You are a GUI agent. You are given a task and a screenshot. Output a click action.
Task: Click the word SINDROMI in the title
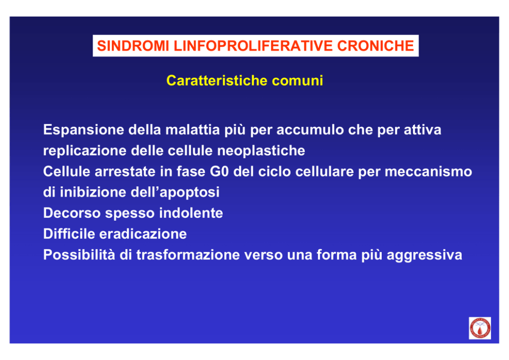click(x=133, y=46)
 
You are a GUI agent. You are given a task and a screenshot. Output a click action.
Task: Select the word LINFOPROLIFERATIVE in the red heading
click(x=253, y=46)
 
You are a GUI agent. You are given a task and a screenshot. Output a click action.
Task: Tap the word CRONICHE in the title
click(x=376, y=46)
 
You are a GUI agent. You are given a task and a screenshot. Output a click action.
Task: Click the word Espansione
click(x=84, y=130)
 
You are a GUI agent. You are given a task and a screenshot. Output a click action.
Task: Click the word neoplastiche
click(x=261, y=151)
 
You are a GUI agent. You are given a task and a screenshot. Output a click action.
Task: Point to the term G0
click(x=220, y=172)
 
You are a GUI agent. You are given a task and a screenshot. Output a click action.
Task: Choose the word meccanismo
click(x=428, y=172)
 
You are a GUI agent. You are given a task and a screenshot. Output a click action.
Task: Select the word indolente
click(x=191, y=213)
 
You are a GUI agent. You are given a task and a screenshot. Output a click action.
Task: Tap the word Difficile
click(x=69, y=234)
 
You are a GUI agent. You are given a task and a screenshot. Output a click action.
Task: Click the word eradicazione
click(x=143, y=234)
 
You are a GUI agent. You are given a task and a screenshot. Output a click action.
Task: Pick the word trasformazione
click(x=188, y=255)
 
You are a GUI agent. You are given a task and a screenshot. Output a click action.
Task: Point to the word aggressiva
click(x=424, y=255)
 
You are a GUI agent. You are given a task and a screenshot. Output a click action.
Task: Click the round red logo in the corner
click(x=480, y=328)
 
